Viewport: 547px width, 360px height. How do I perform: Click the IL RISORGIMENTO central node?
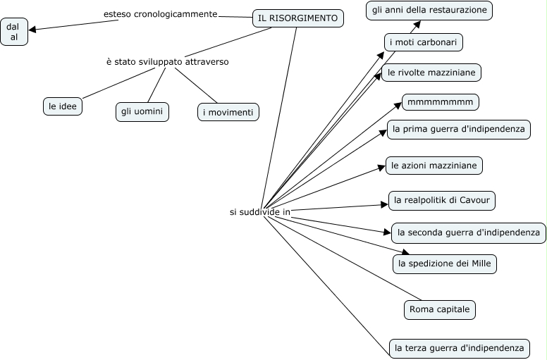[298, 18]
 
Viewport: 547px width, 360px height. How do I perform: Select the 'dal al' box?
[14, 32]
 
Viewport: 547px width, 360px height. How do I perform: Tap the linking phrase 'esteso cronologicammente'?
[161, 14]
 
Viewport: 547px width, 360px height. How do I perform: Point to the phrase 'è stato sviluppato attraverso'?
[168, 62]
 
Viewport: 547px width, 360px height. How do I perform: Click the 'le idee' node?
[63, 106]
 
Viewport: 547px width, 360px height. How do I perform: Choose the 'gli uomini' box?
[142, 111]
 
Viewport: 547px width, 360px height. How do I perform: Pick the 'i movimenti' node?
[228, 112]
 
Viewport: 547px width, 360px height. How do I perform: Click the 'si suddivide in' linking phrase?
[260, 212]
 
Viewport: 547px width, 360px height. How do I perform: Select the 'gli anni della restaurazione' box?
[429, 11]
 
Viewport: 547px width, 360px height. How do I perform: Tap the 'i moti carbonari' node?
[424, 42]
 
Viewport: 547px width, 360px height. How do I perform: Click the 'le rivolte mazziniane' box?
[431, 73]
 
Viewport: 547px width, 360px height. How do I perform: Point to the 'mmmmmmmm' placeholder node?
[441, 102]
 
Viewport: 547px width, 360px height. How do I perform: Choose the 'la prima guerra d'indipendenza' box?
[459, 130]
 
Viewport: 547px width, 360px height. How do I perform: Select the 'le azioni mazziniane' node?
[434, 166]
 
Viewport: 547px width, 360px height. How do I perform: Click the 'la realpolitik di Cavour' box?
[442, 200]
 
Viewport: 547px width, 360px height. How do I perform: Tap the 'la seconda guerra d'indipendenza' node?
[469, 232]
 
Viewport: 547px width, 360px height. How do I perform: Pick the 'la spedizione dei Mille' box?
[444, 263]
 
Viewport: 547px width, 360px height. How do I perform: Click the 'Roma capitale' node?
[440, 309]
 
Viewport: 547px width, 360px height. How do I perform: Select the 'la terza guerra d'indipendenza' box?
[459, 348]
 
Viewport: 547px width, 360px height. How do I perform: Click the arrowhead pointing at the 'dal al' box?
[32, 30]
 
